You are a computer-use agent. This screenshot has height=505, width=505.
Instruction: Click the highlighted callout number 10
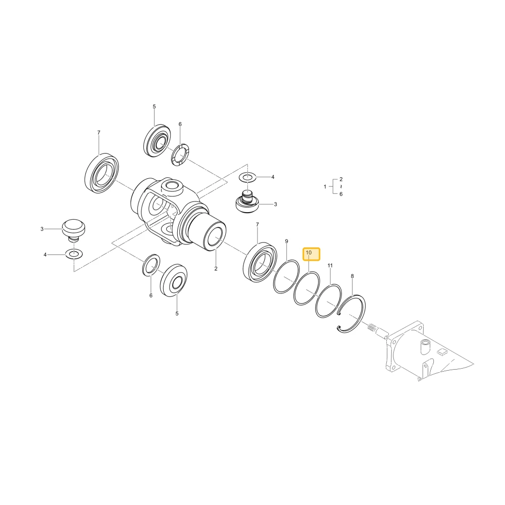tap(309, 253)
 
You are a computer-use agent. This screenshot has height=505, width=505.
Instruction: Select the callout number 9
tap(287, 241)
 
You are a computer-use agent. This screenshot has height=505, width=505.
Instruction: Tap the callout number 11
tap(330, 266)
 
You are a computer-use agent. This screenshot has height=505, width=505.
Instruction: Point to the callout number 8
tap(352, 276)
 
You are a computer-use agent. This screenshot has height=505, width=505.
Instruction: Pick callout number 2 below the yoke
tap(216, 269)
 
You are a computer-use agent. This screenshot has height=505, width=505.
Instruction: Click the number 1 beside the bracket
tap(325, 186)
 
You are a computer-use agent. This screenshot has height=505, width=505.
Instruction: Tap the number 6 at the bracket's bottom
tap(341, 194)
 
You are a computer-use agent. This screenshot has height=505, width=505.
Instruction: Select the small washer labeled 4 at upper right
tap(247, 177)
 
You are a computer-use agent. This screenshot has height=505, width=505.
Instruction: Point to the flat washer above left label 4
tap(74, 254)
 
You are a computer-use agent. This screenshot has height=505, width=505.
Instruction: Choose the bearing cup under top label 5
tap(157, 141)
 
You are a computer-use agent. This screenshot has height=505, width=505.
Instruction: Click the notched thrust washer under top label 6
tap(180, 155)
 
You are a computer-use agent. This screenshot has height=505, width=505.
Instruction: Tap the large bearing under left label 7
tap(102, 173)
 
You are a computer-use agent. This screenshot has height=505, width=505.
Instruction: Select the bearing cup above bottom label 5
tap(174, 280)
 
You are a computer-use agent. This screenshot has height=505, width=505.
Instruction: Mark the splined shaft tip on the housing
tap(378, 331)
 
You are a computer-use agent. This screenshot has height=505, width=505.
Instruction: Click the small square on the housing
tap(442, 352)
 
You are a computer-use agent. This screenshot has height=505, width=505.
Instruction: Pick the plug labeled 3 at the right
tap(247, 202)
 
